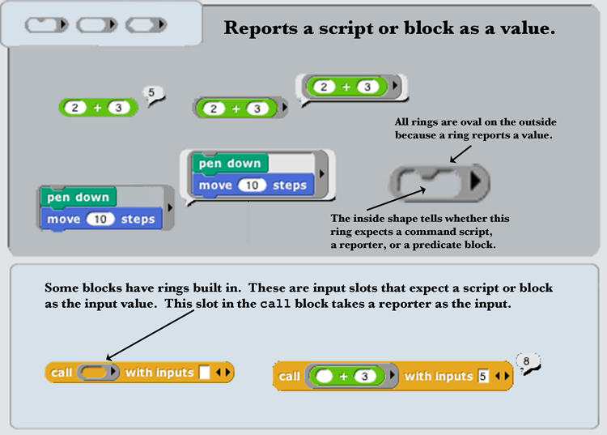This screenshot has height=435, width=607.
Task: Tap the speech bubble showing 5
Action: [151, 93]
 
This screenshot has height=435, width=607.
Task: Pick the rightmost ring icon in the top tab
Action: [146, 25]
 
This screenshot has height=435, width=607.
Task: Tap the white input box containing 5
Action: [483, 377]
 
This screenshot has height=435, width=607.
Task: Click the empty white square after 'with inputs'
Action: [205, 373]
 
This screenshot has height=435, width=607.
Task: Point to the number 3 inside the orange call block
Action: [367, 377]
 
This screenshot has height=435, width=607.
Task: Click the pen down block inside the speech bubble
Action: [230, 164]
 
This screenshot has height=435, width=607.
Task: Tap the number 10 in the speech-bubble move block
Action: [253, 186]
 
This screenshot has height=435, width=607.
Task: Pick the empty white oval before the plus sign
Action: [325, 377]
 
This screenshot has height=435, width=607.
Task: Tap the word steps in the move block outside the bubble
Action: [138, 219]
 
